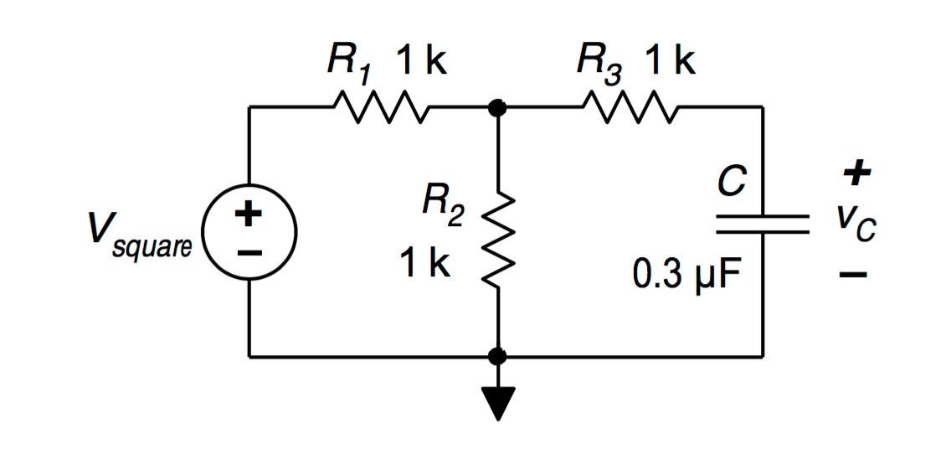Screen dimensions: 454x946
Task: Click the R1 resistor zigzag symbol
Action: [x=380, y=107]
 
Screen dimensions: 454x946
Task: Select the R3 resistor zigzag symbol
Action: [x=631, y=107]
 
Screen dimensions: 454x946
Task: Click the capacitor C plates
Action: [x=762, y=223]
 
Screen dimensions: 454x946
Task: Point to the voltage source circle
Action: [x=249, y=232]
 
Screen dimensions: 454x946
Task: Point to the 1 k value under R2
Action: [x=425, y=265]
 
